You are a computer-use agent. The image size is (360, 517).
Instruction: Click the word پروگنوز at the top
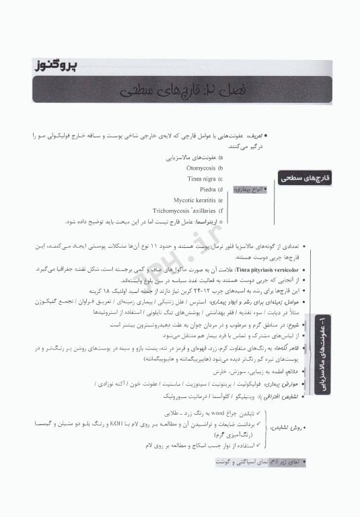[x=55, y=65]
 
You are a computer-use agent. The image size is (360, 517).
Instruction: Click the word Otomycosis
[x=203, y=168]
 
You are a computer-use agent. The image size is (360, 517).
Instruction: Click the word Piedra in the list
[x=209, y=190]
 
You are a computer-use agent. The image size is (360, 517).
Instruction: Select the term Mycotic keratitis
[x=196, y=201]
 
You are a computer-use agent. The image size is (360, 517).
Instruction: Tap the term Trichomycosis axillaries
[x=182, y=211]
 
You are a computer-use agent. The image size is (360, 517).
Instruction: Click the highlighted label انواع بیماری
[x=248, y=190]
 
